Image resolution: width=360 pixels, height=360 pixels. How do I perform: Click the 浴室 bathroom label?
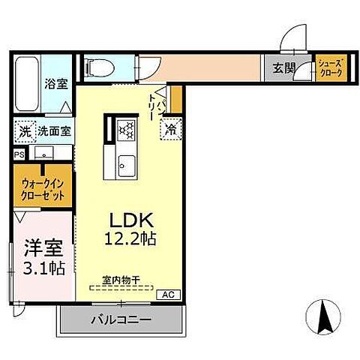point(56,84)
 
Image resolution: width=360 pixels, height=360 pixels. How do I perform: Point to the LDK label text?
point(133,222)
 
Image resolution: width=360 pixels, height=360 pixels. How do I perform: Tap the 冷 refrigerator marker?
point(170,128)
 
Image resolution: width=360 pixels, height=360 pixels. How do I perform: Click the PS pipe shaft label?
point(19,154)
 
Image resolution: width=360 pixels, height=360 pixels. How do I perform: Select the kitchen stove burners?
point(125,128)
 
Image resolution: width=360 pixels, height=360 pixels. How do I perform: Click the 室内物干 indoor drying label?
point(121,277)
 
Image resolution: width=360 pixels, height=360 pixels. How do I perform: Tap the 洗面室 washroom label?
point(55,130)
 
